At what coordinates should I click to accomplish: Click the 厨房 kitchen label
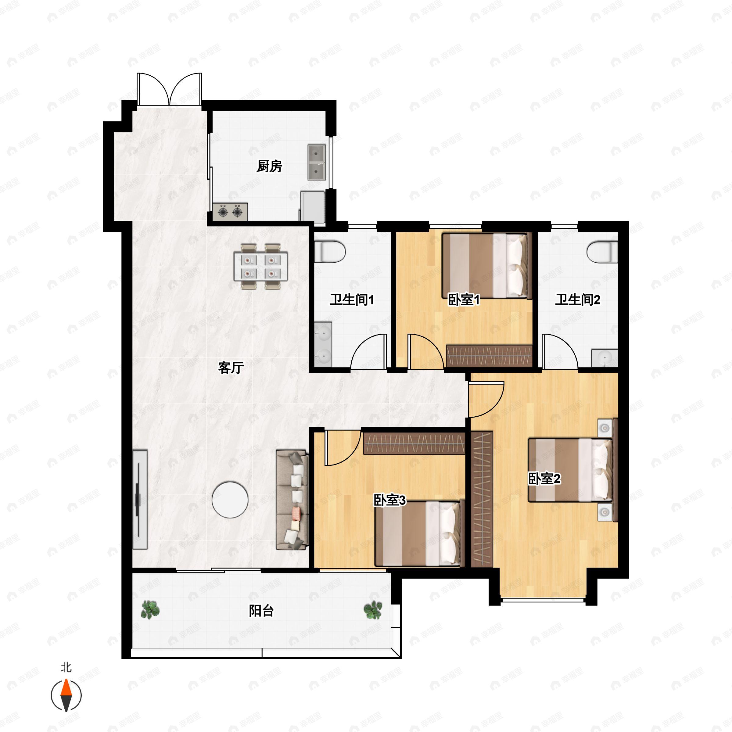(x=269, y=166)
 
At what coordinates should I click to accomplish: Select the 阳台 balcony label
(x=261, y=611)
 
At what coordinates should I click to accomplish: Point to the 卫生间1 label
(x=352, y=300)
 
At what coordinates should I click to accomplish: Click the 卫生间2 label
(x=577, y=300)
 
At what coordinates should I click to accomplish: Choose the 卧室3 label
(x=389, y=501)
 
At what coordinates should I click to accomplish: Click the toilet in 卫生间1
(x=330, y=251)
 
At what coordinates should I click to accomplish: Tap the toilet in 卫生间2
(x=602, y=251)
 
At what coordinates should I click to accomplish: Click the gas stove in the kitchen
(x=230, y=212)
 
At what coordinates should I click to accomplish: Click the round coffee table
(x=230, y=500)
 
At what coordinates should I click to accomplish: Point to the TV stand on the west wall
(x=140, y=499)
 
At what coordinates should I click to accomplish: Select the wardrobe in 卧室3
(x=414, y=443)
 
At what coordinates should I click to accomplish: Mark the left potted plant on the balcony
(x=150, y=610)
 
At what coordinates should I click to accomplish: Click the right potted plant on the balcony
(x=373, y=610)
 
